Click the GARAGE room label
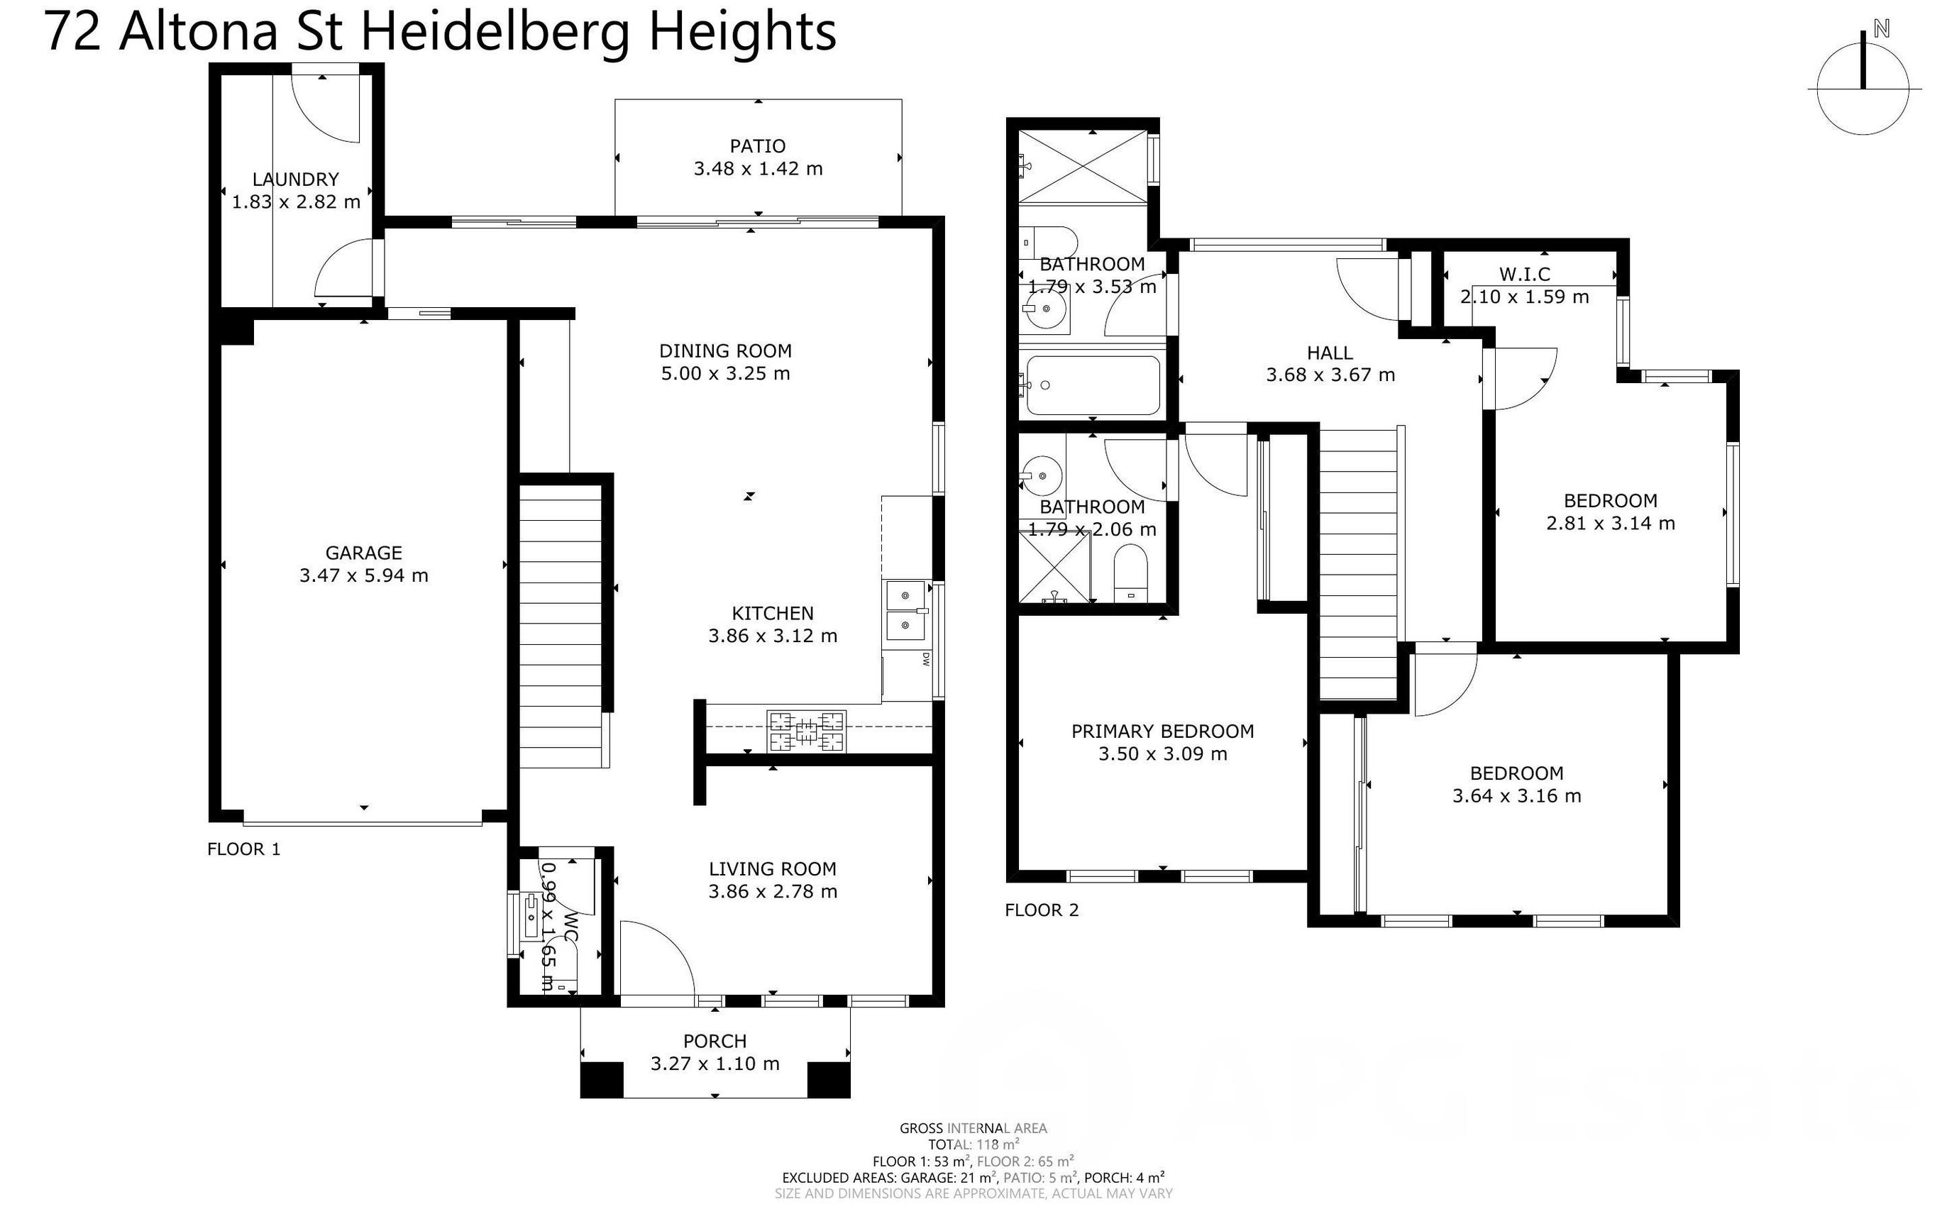[x=363, y=553]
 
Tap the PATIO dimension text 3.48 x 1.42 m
[x=758, y=169]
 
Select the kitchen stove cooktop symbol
[x=806, y=732]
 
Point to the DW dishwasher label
[x=925, y=660]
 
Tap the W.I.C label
[x=1524, y=274]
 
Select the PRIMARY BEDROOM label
[x=1162, y=731]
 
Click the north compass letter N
[x=1882, y=29]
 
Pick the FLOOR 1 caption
[x=243, y=849]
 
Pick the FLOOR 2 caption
[x=1042, y=910]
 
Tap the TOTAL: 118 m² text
[x=973, y=1144]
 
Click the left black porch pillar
[x=602, y=1080]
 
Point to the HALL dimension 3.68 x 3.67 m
[x=1330, y=375]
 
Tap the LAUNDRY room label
[x=295, y=180]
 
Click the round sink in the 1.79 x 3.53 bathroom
[x=1045, y=309]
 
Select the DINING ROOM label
[x=724, y=351]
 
